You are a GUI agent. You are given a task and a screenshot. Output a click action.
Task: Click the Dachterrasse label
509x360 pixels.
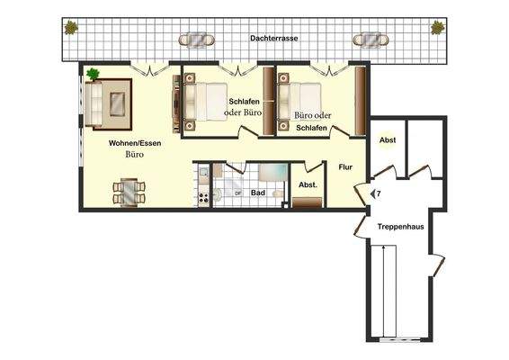pyautogui.click(x=275, y=40)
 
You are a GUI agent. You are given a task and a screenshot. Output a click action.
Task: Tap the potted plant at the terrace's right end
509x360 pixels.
pyautogui.click(x=437, y=27)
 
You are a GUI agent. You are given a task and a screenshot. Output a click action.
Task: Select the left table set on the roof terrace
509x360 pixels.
pyautogui.click(x=197, y=40)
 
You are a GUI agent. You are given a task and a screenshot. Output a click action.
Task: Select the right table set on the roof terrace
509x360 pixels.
pyautogui.click(x=370, y=40)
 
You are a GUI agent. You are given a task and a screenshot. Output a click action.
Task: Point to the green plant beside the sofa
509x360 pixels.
pyautogui.click(x=93, y=74)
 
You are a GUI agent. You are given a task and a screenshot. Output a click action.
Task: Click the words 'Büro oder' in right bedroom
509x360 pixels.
pyautogui.click(x=311, y=115)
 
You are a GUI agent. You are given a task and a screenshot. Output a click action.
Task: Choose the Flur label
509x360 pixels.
pyautogui.click(x=344, y=166)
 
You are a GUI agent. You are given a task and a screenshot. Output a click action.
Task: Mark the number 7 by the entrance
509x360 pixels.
pyautogui.click(x=378, y=193)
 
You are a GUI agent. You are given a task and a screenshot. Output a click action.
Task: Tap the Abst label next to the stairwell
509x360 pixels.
pyautogui.click(x=388, y=140)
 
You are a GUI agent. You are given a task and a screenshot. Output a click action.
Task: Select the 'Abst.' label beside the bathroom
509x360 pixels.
pyautogui.click(x=306, y=185)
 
